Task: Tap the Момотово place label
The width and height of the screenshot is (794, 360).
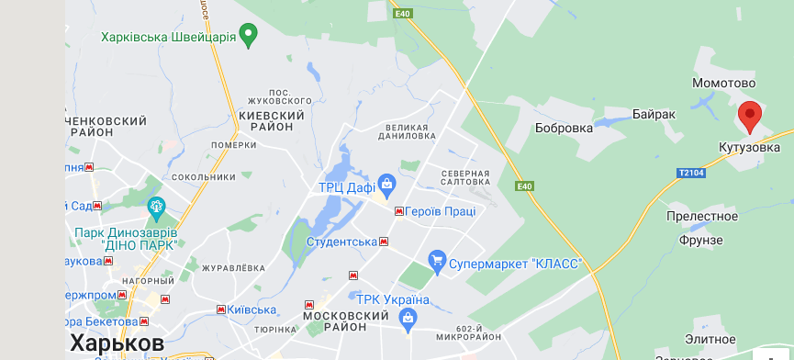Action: pos(722,84)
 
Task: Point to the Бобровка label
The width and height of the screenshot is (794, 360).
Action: pos(564,128)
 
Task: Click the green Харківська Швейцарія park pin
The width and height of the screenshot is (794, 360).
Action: pos(247,36)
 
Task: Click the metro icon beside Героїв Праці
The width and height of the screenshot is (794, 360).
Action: pos(399,211)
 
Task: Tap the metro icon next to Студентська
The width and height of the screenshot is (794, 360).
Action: pos(384,242)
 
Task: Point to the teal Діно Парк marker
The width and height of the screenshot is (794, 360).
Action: pos(156,206)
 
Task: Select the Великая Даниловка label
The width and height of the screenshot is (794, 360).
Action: pos(410,130)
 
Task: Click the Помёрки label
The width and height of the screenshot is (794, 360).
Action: pos(233,145)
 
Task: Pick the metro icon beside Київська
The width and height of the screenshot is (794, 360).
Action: pos(221,309)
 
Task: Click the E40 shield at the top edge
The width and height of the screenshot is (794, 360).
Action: pos(401,14)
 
